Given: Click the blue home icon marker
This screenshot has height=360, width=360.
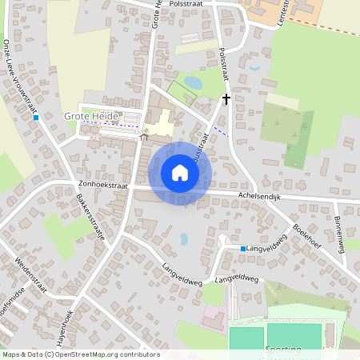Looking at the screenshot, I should pos(180,173).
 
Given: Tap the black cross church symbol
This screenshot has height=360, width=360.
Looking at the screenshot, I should pos(226,100).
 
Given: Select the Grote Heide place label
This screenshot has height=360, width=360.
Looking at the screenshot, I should pos(90,117).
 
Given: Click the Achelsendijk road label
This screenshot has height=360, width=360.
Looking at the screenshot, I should pos(261,197).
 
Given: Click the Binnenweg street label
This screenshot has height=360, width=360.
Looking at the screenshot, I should pos(339,230).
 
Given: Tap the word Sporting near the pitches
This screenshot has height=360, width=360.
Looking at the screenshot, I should pos(283,349).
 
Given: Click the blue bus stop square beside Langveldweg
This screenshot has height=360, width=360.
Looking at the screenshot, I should pos(243,249).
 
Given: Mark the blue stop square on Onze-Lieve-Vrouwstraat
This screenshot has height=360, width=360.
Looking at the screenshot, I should pos(36,118).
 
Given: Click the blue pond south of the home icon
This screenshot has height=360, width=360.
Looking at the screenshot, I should pos(184,238).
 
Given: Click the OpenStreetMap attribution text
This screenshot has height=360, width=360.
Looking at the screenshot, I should pos(80,354).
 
